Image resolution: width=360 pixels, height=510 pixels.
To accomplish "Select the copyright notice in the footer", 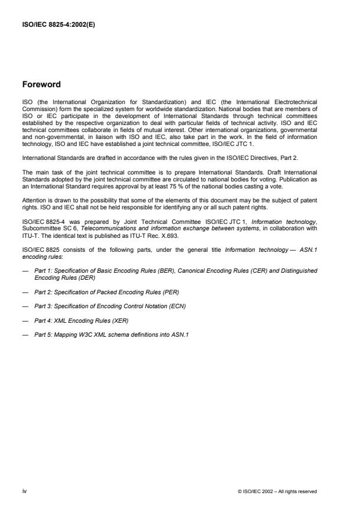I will [x=277, y=491].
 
